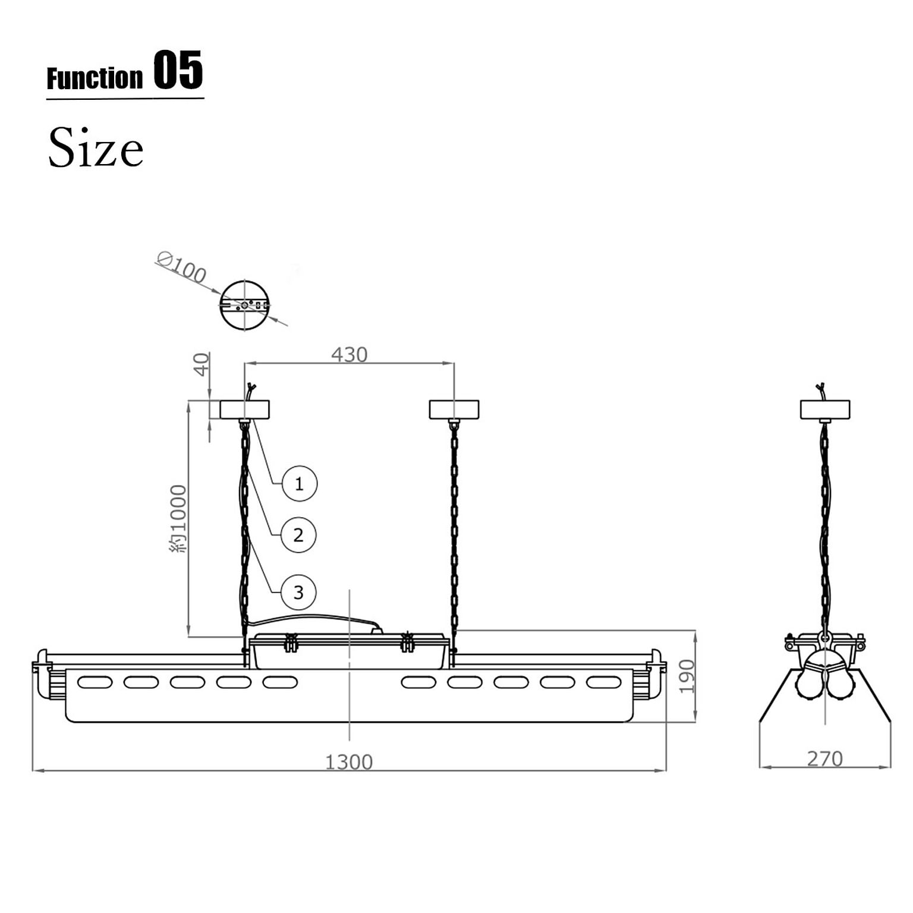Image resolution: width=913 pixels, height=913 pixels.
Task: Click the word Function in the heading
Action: coord(95,78)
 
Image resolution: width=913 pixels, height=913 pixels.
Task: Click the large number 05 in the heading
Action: coord(178,70)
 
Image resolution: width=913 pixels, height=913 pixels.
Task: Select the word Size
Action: coord(96,147)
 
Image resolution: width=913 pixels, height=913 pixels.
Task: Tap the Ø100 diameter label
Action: coord(182,267)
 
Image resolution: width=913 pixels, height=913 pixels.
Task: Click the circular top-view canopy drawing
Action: coord(245,305)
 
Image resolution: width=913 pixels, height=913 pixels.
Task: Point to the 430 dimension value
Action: coord(349,354)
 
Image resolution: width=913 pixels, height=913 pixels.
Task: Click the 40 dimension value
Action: coord(202,364)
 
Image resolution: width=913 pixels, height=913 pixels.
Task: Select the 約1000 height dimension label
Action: coord(178,519)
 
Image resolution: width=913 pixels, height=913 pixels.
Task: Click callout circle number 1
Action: coord(299,483)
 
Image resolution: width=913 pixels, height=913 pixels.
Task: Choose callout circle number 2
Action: coord(298,535)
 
